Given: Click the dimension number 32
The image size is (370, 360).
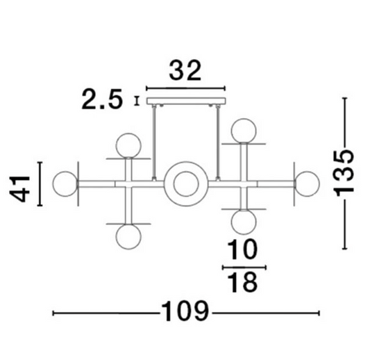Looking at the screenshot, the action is point(185,70).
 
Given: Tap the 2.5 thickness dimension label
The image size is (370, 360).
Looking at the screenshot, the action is point(102,99).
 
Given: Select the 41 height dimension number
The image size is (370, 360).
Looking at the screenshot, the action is point(20,189).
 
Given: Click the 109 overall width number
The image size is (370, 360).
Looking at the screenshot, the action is point(185,311).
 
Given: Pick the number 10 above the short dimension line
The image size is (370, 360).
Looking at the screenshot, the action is point(242,249).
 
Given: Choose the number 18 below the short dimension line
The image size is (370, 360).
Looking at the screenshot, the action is point(243,281).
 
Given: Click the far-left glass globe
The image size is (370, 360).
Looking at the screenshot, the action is point(65,183).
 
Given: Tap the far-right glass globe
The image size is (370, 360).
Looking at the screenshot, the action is point(307,183).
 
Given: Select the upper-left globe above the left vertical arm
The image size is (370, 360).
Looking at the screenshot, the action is point(128,145).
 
